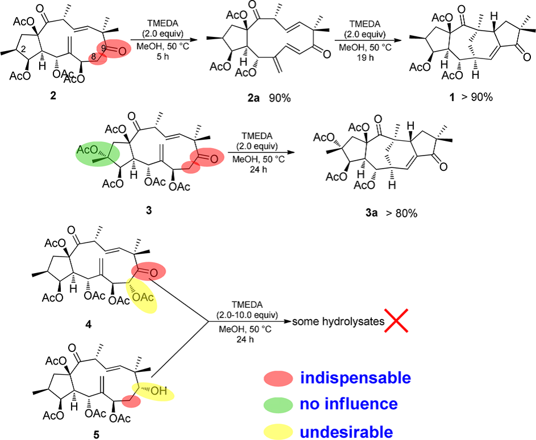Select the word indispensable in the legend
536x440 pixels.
[354, 378]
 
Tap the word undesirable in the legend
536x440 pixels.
[346, 431]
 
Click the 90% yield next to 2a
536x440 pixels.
[280, 98]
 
